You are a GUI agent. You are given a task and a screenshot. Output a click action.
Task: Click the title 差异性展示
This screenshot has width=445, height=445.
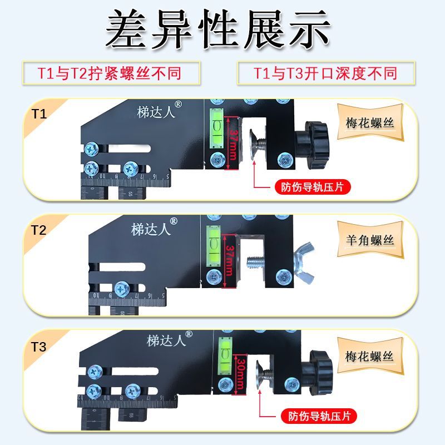pyautogui.click(x=218, y=31)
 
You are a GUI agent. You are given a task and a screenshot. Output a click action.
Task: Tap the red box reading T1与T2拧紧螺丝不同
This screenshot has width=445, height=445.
pyautogui.click(x=110, y=73)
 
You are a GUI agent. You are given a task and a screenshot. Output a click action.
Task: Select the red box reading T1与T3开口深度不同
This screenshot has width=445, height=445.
pyautogui.click(x=325, y=73)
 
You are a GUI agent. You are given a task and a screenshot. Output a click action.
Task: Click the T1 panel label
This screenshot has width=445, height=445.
pyautogui.click(x=38, y=115)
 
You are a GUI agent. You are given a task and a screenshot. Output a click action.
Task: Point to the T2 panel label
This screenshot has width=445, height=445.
pyautogui.click(x=38, y=230)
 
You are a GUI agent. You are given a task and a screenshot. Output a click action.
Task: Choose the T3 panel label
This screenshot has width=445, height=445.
pyautogui.click(x=38, y=348)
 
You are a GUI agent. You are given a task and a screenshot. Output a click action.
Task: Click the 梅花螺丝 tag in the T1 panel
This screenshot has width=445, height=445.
pyautogui.click(x=370, y=122)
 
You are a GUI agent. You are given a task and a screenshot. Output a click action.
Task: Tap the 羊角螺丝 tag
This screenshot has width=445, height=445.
pyautogui.click(x=370, y=240)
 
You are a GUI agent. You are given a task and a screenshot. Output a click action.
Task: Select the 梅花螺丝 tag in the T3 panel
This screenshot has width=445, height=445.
pyautogui.click(x=370, y=356)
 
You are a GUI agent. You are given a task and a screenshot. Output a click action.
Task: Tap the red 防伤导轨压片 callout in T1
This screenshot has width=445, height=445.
pyautogui.click(x=313, y=187)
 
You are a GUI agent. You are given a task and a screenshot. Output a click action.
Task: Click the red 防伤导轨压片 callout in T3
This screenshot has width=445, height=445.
pyautogui.click(x=319, y=416)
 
